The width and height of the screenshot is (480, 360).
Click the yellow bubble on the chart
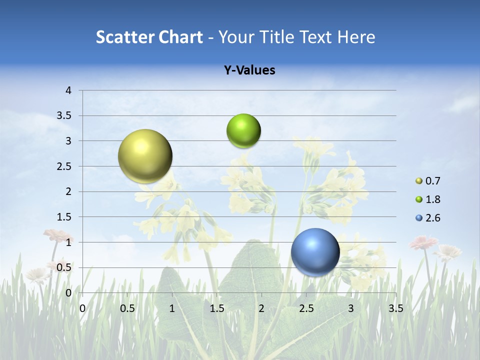tap(145, 156)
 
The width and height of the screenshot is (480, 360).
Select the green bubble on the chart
tap(243, 130)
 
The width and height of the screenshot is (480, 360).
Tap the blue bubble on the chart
tap(315, 251)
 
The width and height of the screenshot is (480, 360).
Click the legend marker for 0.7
tap(419, 181)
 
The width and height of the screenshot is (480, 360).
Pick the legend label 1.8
tap(432, 199)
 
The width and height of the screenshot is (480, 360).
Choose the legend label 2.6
tap(432, 218)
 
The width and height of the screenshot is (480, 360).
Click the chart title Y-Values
tap(249, 70)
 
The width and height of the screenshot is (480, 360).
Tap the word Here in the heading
tap(356, 37)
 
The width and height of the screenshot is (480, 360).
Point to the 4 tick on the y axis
tap(68, 90)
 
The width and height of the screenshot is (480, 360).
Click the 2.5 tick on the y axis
tap(64, 166)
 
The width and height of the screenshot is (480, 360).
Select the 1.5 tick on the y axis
tap(64, 217)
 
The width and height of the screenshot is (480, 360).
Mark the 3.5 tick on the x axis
tap(395, 308)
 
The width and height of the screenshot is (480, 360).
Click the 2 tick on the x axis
tap(261, 308)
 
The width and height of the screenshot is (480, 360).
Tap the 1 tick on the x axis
tap(172, 308)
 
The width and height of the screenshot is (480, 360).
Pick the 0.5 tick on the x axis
tap(127, 308)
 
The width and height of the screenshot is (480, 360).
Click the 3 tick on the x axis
tap(351, 308)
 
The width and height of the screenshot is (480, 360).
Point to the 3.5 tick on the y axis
tap(64, 116)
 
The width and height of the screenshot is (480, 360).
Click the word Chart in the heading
tap(180, 37)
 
